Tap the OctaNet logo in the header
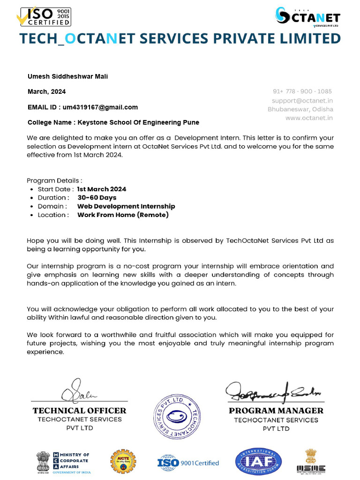point(307,18)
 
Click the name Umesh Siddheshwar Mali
point(67,76)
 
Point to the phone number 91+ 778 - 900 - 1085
point(302,91)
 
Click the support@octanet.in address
point(302,100)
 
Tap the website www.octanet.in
point(309,118)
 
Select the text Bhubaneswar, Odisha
point(300,109)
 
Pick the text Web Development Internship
point(126,206)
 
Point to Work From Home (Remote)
point(123,215)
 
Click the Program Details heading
point(54,180)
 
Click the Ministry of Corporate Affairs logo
point(63,462)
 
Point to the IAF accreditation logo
point(258,462)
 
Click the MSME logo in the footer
point(311,461)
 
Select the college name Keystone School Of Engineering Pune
point(113,122)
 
